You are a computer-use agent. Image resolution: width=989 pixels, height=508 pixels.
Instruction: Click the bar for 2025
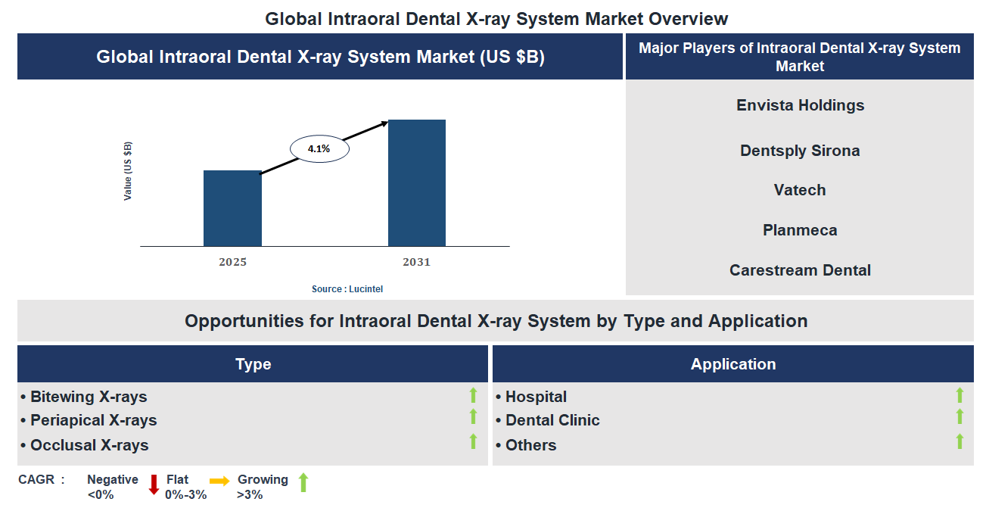[x=232, y=208]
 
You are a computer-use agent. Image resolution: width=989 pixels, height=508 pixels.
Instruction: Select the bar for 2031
[x=416, y=182]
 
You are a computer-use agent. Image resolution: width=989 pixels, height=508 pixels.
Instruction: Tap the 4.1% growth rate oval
[x=319, y=149]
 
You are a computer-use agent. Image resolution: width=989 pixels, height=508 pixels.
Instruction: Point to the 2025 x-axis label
[x=232, y=263]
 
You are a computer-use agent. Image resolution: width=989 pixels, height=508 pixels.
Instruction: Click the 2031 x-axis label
[x=416, y=263]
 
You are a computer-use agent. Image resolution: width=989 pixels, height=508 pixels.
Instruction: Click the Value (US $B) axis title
[x=128, y=171]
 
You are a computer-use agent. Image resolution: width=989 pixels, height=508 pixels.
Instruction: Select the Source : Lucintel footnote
[x=353, y=289]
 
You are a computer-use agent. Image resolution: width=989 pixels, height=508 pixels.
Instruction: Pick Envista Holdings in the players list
[x=800, y=105]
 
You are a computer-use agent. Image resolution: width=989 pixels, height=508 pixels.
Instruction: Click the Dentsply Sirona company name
[x=800, y=151]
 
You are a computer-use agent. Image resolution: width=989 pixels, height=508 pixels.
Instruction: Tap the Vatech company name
[x=800, y=190]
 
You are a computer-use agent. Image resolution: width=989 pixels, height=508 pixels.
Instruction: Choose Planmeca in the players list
[x=800, y=230]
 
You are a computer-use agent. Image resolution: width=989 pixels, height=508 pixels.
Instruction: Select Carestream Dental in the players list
[x=800, y=270]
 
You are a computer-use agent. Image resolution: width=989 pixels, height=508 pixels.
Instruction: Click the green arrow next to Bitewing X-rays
[x=473, y=394]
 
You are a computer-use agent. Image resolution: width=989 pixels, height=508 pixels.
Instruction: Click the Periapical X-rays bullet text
[x=93, y=420]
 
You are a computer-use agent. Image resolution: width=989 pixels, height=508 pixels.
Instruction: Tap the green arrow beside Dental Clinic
[x=959, y=417]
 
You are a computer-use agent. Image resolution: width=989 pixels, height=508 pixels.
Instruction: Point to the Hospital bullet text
[x=536, y=397]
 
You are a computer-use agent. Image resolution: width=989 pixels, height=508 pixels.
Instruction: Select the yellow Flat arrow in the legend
[x=219, y=481]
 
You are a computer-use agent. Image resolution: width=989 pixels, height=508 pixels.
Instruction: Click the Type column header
[x=253, y=364]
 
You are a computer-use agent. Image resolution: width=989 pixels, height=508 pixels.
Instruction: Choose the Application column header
[x=732, y=364]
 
